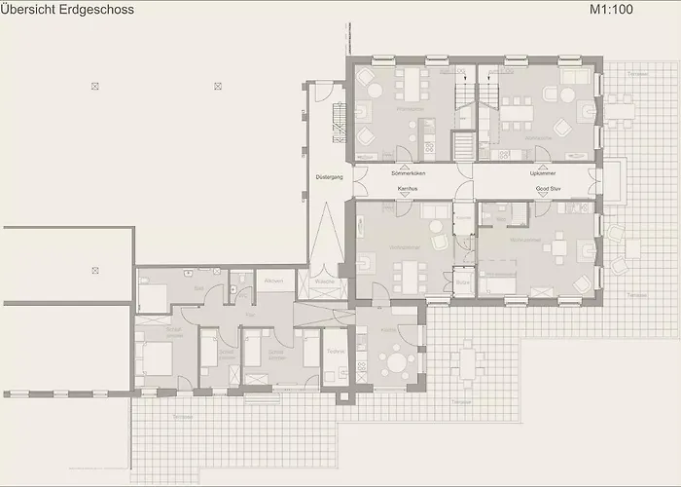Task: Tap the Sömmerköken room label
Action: pos(408,173)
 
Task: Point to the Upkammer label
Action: pos(543,173)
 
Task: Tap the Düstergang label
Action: pos(327,178)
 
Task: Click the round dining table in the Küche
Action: pos(397,364)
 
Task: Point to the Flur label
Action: pos(250,316)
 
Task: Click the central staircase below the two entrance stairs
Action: pos(464,146)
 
